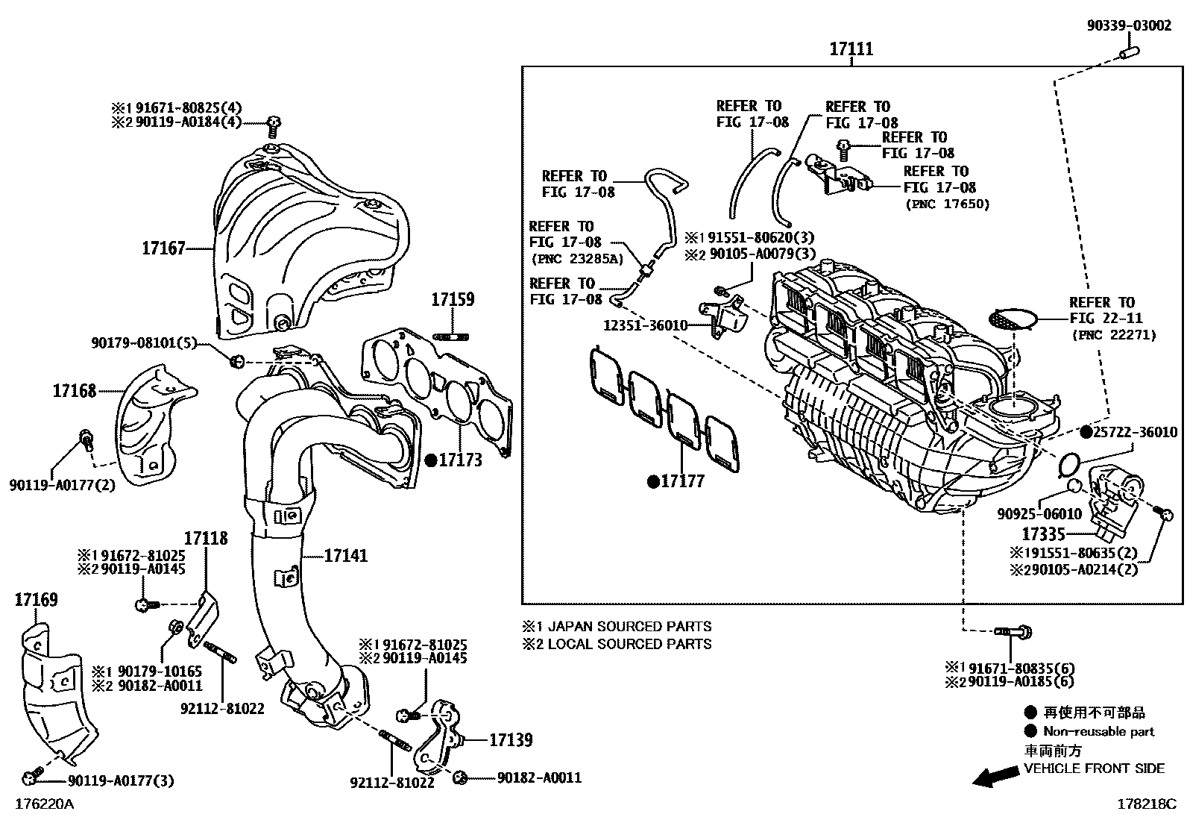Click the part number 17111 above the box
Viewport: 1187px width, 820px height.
coord(851,49)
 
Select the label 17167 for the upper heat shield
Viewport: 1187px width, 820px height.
coord(163,248)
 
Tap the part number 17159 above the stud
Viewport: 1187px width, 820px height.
coord(452,300)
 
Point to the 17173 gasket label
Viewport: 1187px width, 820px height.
coord(460,460)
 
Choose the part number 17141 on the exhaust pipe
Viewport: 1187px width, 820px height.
coord(345,556)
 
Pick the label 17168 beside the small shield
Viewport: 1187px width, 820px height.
coord(75,390)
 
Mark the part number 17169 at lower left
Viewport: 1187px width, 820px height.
coord(37,600)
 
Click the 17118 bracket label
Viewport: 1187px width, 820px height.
coord(206,538)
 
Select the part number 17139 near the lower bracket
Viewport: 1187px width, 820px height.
coord(511,740)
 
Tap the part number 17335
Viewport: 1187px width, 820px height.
coord(1042,534)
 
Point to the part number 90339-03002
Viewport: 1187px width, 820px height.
coord(1128,26)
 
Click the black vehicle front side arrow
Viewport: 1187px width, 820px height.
coord(997,777)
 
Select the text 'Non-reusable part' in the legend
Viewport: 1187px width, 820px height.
coord(1098,732)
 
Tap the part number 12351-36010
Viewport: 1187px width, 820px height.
coord(646,325)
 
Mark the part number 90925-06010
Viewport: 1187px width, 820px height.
coord(1039,514)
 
